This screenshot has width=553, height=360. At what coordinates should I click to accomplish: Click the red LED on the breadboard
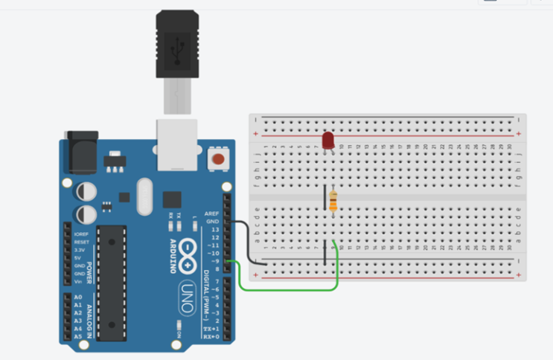click(x=327, y=139)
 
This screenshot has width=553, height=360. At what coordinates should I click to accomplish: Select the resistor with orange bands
click(x=333, y=200)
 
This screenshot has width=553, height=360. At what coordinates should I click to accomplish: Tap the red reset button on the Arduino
click(x=219, y=158)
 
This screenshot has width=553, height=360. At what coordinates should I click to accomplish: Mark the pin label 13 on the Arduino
click(x=214, y=229)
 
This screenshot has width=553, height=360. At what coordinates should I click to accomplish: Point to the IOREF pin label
click(x=81, y=234)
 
